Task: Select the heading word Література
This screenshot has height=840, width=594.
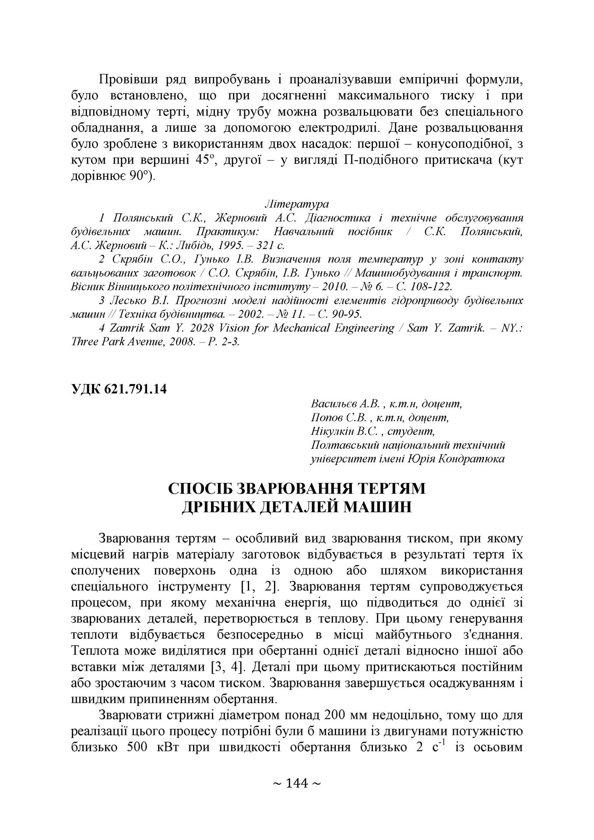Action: click(297, 204)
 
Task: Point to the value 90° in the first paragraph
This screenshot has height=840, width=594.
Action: click(140, 177)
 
